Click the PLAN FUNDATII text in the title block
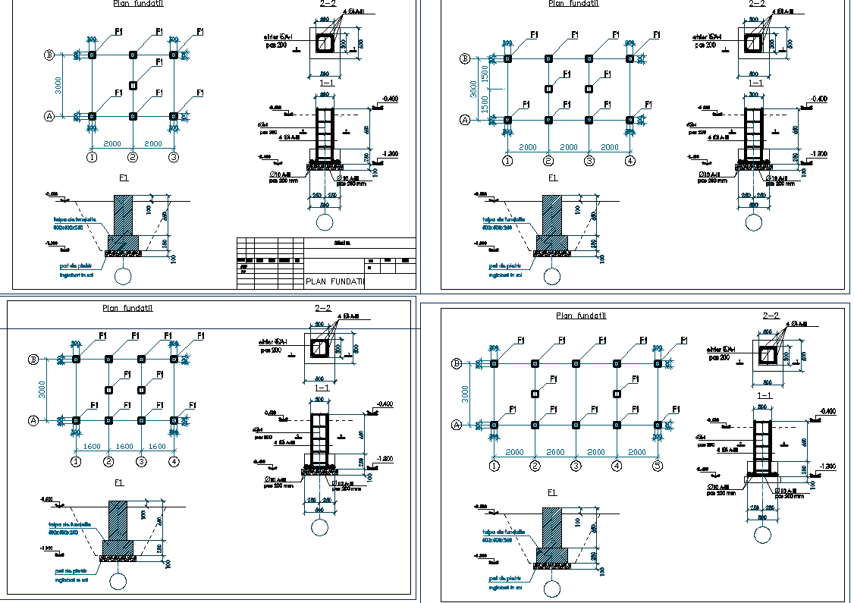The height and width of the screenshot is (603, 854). click(x=334, y=281)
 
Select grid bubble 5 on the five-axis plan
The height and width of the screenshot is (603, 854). click(x=658, y=466)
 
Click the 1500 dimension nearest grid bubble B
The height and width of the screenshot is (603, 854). click(x=484, y=74)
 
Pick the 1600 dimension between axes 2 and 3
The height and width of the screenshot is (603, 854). click(x=124, y=447)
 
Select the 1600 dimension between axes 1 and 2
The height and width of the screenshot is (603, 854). click(x=92, y=447)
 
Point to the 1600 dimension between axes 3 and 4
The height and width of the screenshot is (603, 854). click(x=157, y=447)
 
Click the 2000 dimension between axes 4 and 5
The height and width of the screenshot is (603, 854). click(x=637, y=452)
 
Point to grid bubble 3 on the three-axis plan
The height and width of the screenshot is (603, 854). click(x=174, y=158)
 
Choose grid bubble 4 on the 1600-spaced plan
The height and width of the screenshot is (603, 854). click(x=174, y=461)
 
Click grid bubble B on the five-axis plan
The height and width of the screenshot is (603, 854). click(x=457, y=363)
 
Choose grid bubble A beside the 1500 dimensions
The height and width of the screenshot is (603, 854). click(x=466, y=119)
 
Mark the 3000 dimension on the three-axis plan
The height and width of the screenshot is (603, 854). click(x=59, y=86)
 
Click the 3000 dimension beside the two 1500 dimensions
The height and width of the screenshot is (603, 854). click(x=473, y=89)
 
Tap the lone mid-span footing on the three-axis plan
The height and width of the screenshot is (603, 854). click(x=133, y=86)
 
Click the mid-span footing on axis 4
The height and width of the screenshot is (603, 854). click(x=617, y=394)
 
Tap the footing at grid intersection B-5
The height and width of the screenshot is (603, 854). click(x=658, y=364)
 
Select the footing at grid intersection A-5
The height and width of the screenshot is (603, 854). click(x=658, y=426)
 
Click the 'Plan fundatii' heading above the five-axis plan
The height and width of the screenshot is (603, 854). click(x=581, y=316)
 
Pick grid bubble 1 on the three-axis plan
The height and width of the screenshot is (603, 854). click(x=92, y=158)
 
